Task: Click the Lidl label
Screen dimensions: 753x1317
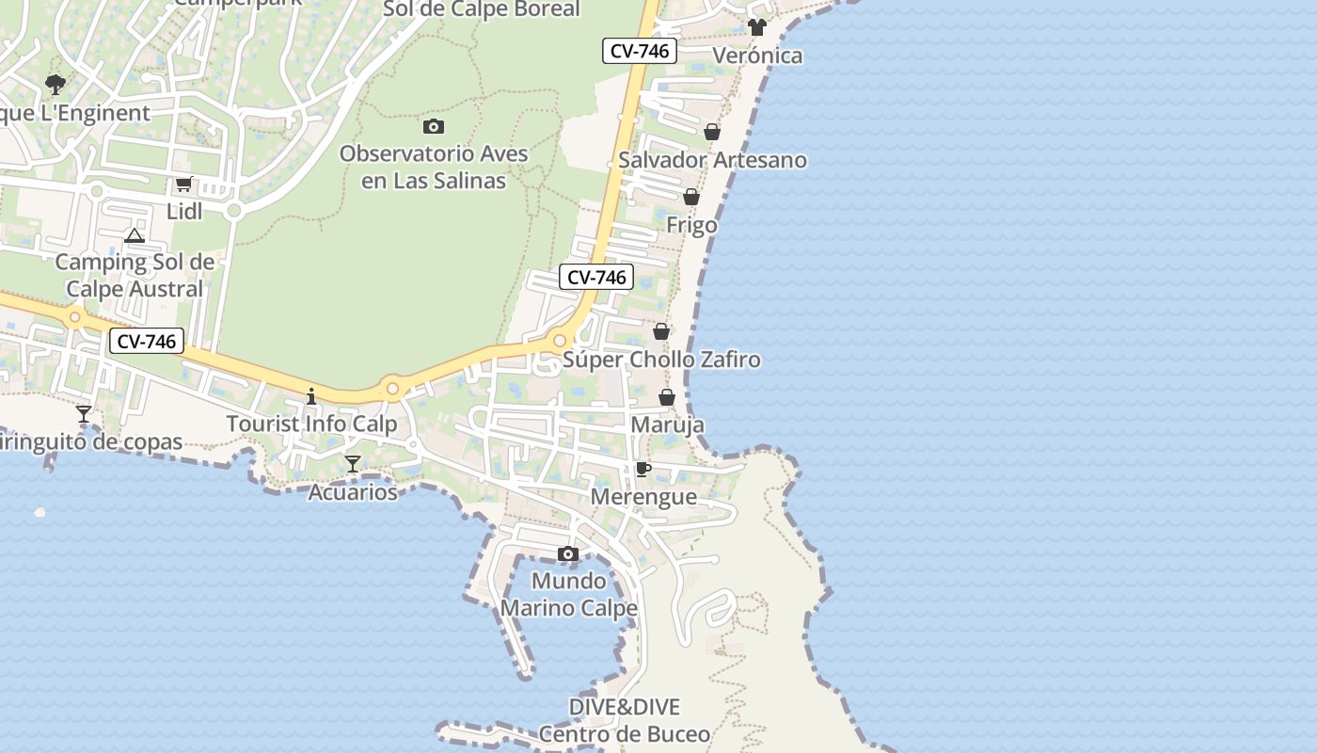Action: [184, 212]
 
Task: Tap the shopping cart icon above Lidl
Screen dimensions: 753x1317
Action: [184, 184]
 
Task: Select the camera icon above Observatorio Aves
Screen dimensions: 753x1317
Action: [434, 126]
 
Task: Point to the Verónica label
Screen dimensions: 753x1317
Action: [757, 56]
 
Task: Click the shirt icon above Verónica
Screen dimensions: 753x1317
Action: [757, 27]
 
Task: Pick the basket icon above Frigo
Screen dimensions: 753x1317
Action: [691, 198]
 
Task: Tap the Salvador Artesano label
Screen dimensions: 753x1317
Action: [712, 160]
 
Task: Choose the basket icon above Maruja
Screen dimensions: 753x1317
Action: [667, 397]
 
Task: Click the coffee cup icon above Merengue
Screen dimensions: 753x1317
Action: [643, 469]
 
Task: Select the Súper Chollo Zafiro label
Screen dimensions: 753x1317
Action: [661, 360]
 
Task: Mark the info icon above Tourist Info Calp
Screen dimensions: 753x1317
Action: [311, 396]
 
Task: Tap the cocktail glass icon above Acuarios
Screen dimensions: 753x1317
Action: [353, 464]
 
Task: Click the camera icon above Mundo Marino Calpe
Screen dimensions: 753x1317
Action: [568, 553]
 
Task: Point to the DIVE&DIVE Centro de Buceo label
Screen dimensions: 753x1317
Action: [624, 720]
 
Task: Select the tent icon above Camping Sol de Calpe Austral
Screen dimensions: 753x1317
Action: [135, 235]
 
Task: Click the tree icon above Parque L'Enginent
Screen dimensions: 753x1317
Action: [56, 85]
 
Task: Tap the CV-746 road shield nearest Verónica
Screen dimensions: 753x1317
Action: [640, 51]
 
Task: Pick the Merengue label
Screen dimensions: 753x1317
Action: [643, 497]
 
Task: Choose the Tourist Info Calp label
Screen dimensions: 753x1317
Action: [311, 425]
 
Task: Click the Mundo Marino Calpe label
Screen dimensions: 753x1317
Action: [568, 594]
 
